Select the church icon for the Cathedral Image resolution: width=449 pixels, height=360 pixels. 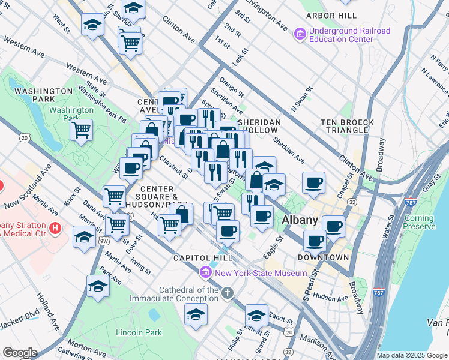coord(227,293)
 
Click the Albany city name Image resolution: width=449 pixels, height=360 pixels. coord(300,220)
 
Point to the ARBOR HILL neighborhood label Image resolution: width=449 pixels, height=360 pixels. coord(327,15)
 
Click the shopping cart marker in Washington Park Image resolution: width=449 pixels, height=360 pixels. coord(81,129)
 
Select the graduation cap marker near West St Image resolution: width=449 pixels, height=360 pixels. coord(92,25)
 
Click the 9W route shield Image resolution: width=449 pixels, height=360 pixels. coord(104,241)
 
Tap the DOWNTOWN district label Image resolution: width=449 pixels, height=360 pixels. coord(323,257)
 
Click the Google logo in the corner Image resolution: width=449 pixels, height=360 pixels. coord(20,352)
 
